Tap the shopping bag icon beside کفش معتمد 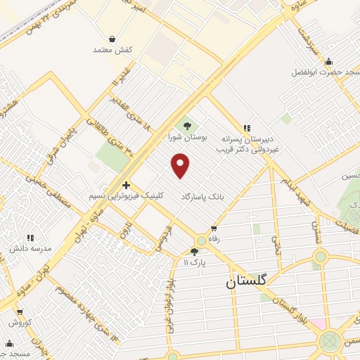tap(112, 39)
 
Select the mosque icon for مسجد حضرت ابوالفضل tap(328, 61)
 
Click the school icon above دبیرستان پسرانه tap(246, 128)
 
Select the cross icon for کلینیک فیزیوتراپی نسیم tap(126, 185)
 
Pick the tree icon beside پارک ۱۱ tap(194, 251)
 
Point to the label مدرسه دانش tap(30, 249)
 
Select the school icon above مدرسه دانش tap(30, 238)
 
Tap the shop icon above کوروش tap(19, 311)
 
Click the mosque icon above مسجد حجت tap(9, 343)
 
